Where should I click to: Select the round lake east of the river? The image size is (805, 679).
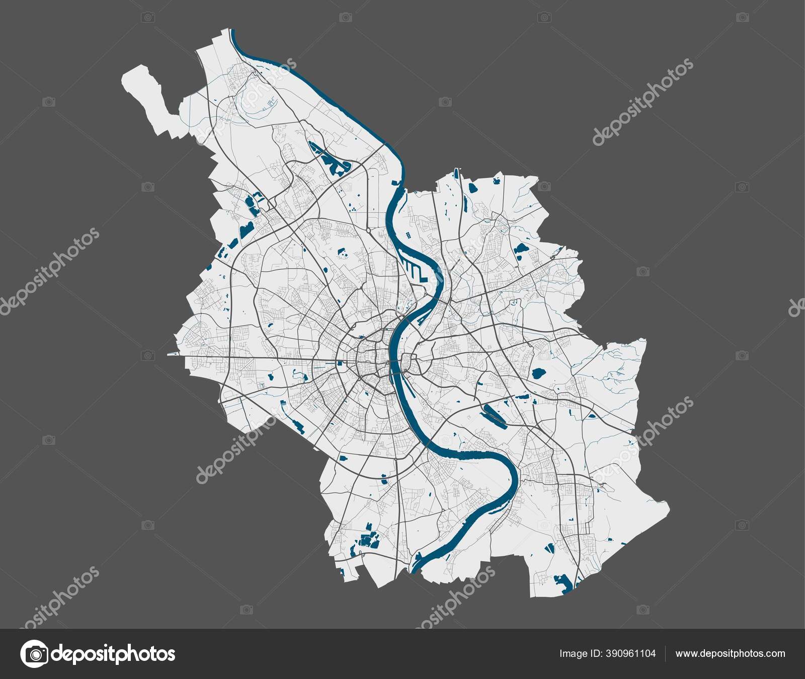pos(538,374)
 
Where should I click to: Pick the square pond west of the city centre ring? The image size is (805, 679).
pos(340,363)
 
